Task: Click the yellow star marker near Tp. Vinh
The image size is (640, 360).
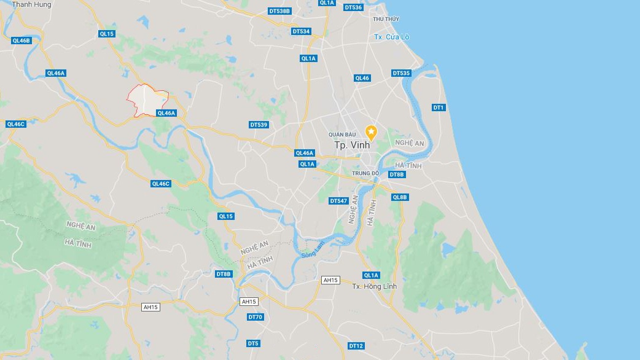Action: (371, 131)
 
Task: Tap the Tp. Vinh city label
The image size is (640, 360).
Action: (353, 146)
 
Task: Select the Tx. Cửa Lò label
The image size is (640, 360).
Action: (392, 37)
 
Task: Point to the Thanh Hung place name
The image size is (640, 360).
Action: (32, 4)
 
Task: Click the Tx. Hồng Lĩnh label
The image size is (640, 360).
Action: (374, 286)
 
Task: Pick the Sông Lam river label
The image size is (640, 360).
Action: (312, 249)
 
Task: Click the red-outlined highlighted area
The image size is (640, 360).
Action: (146, 101)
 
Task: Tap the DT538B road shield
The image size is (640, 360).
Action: (279, 11)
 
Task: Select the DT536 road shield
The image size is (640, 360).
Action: (353, 7)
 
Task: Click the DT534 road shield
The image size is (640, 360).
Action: (301, 31)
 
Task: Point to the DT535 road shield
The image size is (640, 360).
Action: (401, 73)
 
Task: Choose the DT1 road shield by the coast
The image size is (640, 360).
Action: (438, 108)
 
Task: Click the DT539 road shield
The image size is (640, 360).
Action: (259, 125)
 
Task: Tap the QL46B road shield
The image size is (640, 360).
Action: (21, 41)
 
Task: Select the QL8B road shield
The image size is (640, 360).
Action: (400, 197)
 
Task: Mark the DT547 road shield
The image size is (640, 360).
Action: (338, 201)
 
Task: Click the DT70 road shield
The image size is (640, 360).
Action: (255, 317)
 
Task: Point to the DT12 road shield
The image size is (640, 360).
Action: (356, 346)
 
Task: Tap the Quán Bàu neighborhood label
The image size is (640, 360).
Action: (342, 134)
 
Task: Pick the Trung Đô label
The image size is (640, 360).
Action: (365, 173)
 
